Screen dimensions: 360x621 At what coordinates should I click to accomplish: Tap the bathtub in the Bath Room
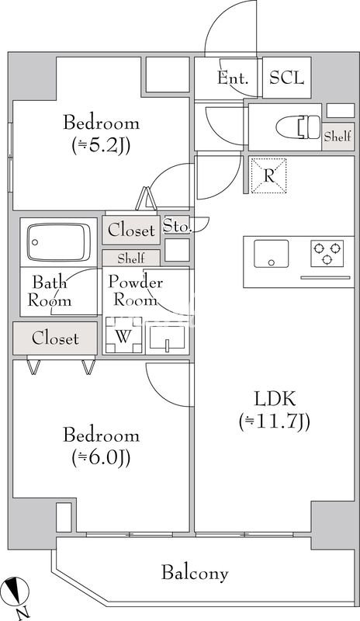59,242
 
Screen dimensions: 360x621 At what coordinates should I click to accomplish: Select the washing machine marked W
123,335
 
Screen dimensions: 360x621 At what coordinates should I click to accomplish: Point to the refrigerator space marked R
269,175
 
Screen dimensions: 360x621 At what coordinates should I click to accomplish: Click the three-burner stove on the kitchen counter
327,253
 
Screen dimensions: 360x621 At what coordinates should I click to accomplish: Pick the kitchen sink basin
272,254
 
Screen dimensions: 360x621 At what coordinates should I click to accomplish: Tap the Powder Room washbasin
167,338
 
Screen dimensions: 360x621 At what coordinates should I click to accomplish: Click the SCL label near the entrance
287,78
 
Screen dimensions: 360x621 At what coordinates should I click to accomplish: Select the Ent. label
233,78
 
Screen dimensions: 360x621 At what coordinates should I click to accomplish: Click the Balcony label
195,573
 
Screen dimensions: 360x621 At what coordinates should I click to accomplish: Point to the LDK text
275,399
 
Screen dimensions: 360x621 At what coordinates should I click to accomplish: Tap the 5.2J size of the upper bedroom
102,146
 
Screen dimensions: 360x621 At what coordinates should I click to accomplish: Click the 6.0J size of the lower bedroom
102,458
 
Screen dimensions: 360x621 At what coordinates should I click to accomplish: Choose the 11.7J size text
275,422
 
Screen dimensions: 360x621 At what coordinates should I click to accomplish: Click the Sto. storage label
178,227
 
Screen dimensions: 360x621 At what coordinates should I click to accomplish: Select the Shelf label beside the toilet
337,137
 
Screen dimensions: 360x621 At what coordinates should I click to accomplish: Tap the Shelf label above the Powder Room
131,258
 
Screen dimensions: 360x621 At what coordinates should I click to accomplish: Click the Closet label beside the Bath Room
55,338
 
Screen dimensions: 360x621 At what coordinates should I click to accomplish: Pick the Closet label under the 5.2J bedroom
131,230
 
